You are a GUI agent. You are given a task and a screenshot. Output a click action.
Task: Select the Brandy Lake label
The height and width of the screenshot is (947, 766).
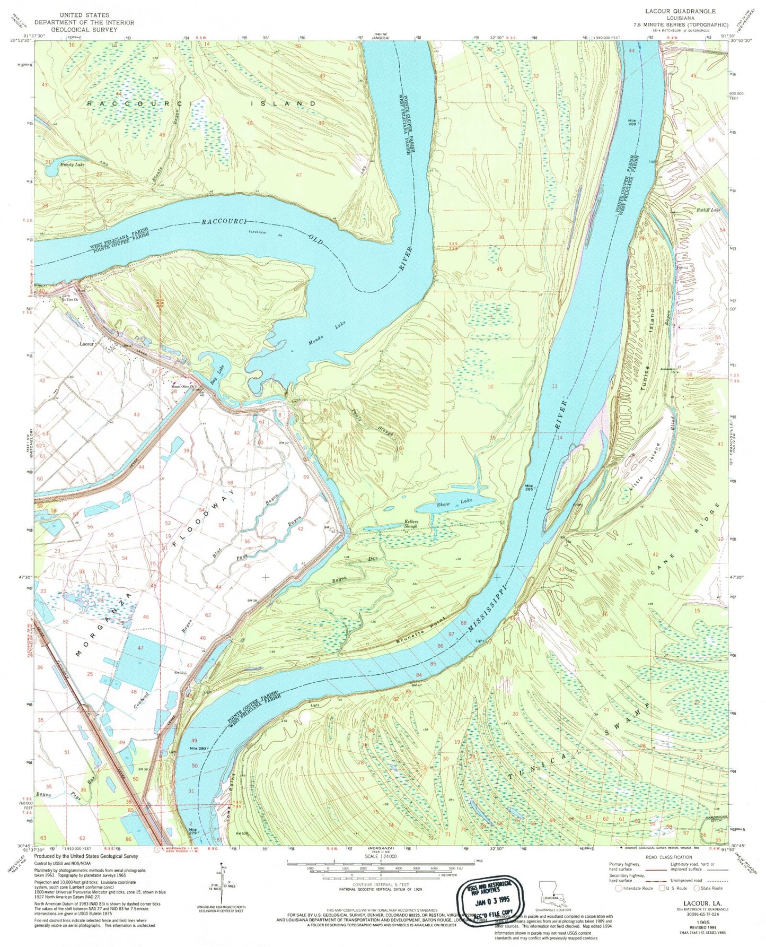(x=64, y=165)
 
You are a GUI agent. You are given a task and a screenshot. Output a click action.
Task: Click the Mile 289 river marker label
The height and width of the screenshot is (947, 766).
(x=631, y=124)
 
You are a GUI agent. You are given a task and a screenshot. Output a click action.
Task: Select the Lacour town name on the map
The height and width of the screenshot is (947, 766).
(x=86, y=344)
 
